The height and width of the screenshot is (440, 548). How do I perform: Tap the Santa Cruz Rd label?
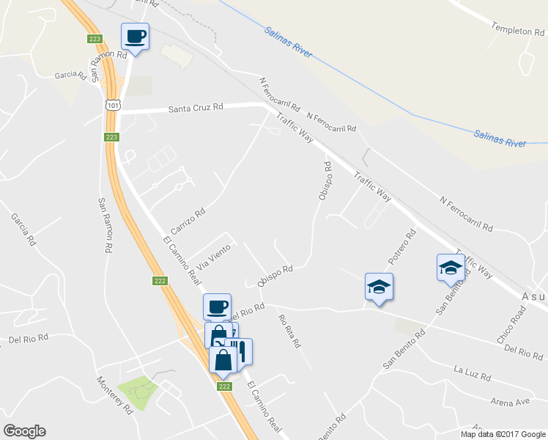196,108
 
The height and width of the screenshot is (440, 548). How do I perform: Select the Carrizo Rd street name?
188,217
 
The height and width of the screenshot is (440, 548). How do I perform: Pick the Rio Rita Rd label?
289,331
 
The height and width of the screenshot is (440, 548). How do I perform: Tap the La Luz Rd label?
472,373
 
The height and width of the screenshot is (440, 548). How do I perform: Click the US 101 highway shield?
112,106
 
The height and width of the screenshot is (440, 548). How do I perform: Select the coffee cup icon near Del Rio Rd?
217,307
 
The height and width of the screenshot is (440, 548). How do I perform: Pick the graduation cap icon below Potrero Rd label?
379,286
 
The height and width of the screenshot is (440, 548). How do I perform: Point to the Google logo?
24,431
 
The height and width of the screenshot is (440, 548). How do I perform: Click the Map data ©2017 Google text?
503,434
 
